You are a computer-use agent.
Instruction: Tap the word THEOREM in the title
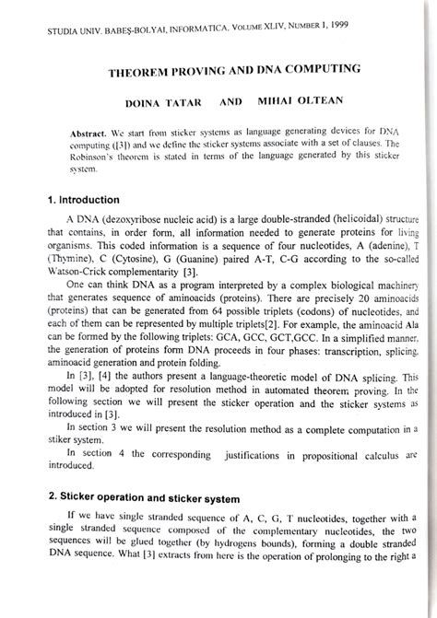tap(147, 70)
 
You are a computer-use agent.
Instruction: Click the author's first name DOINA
tap(148, 101)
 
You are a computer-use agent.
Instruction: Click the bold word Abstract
tap(89, 134)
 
